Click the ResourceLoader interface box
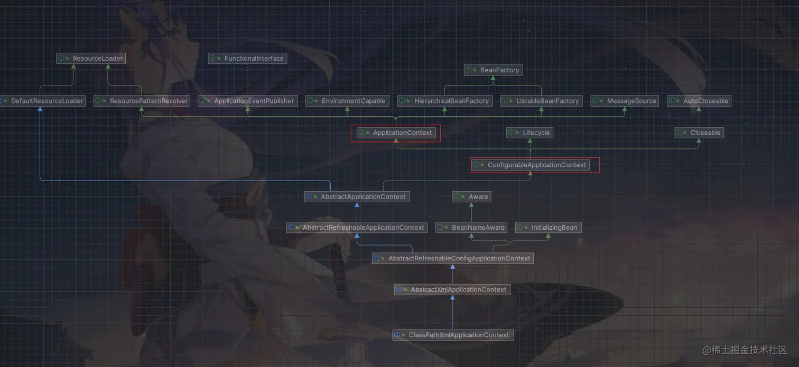91,59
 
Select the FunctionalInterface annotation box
247,59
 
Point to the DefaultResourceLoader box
42,101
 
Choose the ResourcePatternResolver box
142,101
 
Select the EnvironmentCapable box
347,101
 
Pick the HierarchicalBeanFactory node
445,101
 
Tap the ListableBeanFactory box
541,101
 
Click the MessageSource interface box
625,101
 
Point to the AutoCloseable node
699,101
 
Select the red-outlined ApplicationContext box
396,133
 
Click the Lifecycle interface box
529,133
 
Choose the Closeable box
699,133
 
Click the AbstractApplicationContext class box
357,197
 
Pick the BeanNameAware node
471,228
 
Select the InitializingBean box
548,228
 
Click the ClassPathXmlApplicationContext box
452,335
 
